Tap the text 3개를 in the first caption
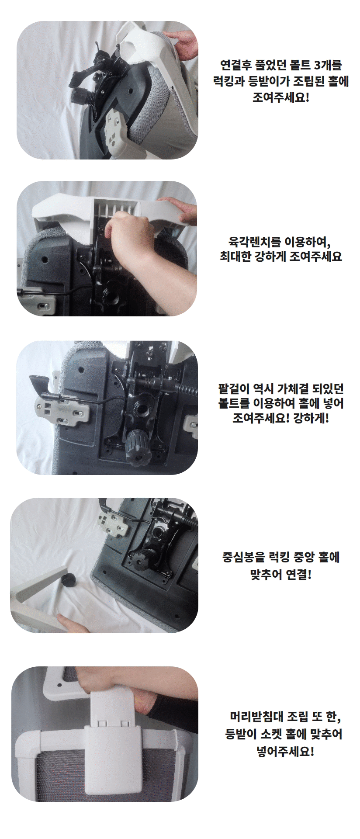(x=328, y=66)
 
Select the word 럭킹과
(x=228, y=81)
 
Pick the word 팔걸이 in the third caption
(x=233, y=388)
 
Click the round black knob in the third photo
(x=138, y=445)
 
